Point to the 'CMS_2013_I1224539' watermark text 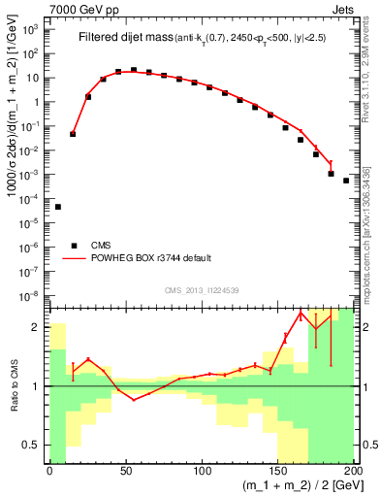(x=202, y=289)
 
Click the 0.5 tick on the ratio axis (x=37, y=446)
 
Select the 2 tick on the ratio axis (x=40, y=326)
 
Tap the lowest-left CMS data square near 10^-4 (x=58, y=207)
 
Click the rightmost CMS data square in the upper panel (x=346, y=180)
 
